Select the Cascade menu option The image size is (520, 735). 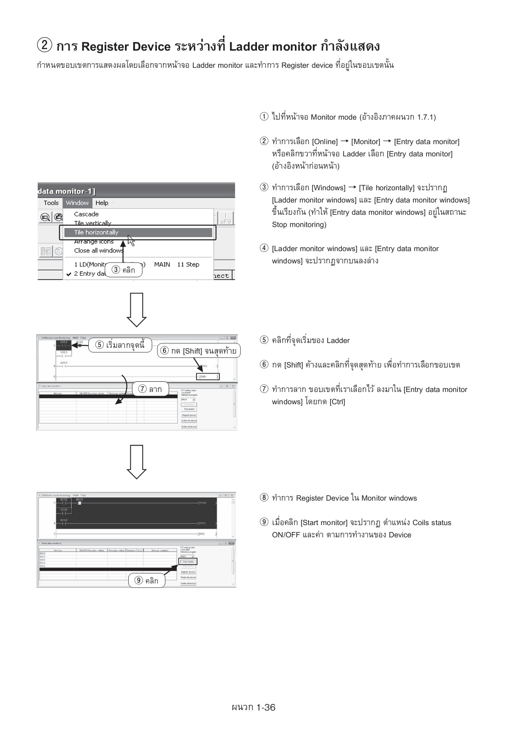86,214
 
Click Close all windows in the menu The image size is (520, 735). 98,251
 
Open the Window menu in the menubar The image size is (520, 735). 77,203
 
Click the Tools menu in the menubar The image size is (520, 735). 51,203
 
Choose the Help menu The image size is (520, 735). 102,203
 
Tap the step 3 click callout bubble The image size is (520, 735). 124,270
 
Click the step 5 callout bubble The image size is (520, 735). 120,345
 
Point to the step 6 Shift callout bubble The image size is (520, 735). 199,351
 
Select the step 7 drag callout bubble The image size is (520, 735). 150,389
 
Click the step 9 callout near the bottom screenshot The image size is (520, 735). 147,581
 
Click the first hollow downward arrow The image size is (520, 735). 136,309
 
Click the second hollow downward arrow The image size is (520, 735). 136,461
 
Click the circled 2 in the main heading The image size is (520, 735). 44,46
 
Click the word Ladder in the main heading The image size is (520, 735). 248,47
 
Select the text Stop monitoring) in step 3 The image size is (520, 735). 299,225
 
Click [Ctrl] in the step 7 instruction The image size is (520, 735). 337,402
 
